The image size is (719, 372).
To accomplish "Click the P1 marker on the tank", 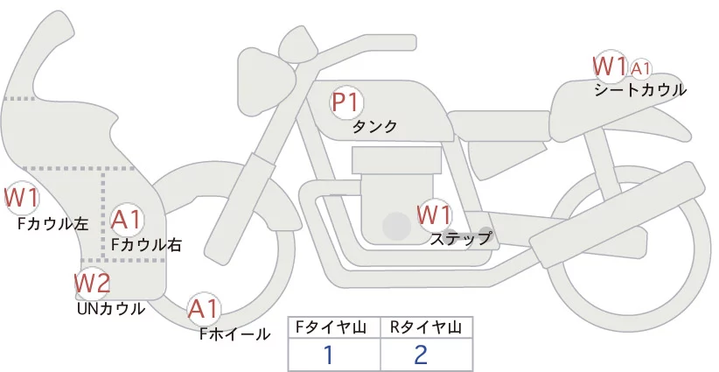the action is pos(346,102).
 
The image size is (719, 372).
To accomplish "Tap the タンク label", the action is pos(374,126).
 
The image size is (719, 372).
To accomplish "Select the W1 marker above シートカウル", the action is pos(610,66).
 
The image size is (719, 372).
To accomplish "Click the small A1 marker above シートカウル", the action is pos(641,69).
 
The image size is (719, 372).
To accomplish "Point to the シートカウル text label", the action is pos(640,90).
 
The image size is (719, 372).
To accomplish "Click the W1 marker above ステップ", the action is pos(435,215).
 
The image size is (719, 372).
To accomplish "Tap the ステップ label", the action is pos(460,239).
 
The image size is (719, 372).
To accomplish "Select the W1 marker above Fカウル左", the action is pos(21,198).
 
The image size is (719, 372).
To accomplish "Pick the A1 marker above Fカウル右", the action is pos(127,221).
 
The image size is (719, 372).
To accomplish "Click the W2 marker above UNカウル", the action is pos(93,284).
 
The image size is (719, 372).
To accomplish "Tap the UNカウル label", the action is pos(111,309).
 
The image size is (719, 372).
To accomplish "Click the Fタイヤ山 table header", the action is pos(331,327).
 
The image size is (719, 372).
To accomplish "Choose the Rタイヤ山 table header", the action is pos(426,327).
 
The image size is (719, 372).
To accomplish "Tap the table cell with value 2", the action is pos(427,354).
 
